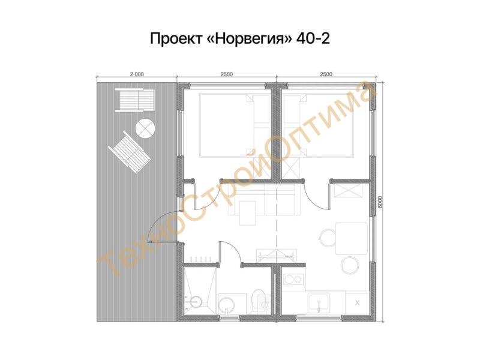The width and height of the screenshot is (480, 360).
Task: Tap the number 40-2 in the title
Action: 313,39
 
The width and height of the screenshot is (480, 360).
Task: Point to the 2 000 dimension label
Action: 137,74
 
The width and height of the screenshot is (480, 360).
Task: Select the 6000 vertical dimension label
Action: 380,202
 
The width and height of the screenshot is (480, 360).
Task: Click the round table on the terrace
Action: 145,128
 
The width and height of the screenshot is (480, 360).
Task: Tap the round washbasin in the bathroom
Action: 227,305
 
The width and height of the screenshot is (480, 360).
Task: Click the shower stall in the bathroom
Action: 199,292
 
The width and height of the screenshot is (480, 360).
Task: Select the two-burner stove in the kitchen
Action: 293,279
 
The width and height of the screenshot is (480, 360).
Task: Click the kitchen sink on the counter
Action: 319,302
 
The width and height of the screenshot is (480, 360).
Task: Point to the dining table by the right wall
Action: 352,239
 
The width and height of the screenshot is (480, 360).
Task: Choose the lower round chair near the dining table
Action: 350,265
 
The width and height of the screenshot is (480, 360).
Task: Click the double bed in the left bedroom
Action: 235,125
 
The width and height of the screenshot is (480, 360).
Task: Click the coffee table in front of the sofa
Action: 248,213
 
